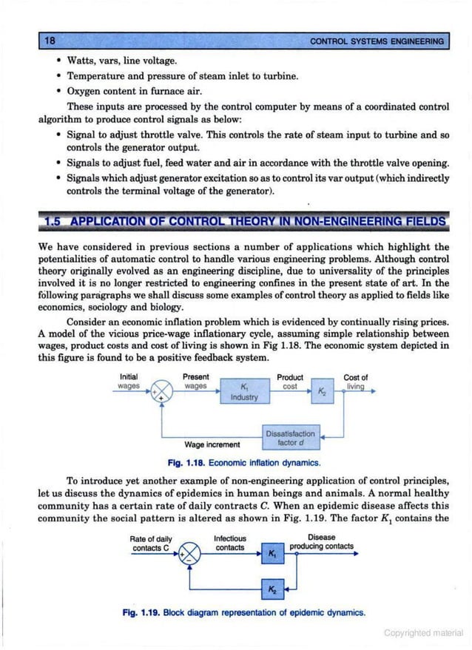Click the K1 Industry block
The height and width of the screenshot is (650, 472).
[x=244, y=393]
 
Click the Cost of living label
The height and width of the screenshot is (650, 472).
[x=355, y=382]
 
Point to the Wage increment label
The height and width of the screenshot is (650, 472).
[x=212, y=444]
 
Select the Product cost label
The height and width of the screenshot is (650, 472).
[x=290, y=382]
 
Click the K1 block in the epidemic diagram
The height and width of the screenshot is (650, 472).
[x=272, y=553]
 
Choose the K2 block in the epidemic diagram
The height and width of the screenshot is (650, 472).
[x=272, y=590]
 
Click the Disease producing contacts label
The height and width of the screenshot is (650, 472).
[x=321, y=542]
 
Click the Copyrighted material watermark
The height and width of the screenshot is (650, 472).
[x=423, y=633]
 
